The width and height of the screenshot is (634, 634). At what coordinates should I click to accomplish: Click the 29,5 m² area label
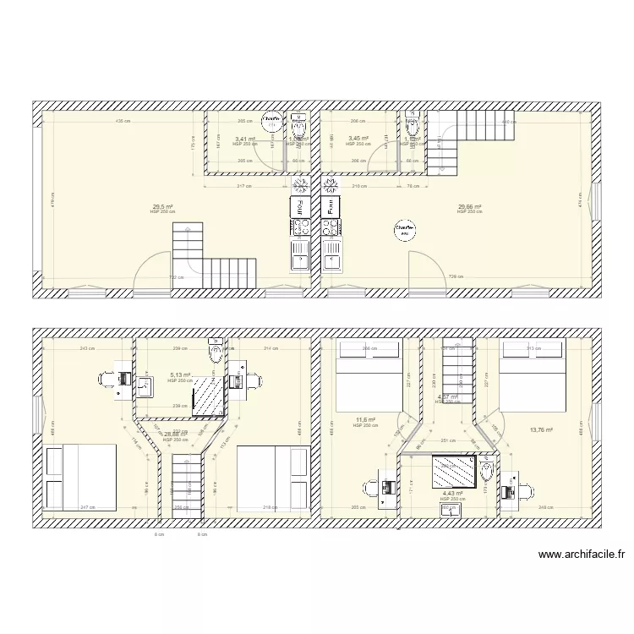coord(162,206)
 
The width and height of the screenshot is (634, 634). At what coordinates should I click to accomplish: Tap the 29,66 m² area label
coord(469,206)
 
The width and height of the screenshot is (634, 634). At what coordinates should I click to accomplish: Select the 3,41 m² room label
coord(245,139)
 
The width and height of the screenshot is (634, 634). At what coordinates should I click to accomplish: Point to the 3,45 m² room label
coord(358,139)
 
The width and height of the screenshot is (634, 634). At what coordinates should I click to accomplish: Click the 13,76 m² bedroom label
coord(541,430)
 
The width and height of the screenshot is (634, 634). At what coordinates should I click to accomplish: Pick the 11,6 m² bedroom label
coord(365,419)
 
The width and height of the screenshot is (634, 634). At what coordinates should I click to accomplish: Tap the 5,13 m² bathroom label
coord(181,375)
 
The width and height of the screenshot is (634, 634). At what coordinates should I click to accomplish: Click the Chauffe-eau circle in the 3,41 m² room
coord(272,123)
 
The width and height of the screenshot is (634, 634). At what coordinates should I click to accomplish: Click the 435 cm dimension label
coord(123,122)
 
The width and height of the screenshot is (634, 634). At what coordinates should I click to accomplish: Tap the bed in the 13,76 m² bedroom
coord(533,375)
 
